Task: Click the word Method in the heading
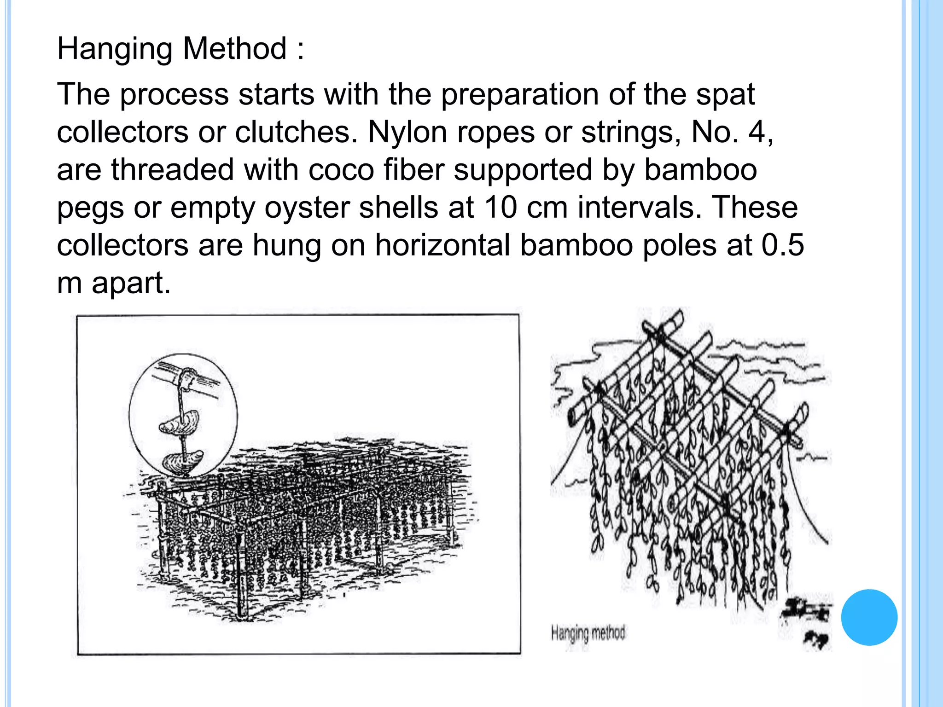(235, 48)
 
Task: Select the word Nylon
(407, 133)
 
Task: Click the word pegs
(90, 209)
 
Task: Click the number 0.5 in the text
(782, 245)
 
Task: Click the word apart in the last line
(131, 284)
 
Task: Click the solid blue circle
(869, 617)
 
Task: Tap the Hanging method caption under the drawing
(588, 633)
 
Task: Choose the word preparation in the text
(520, 95)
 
